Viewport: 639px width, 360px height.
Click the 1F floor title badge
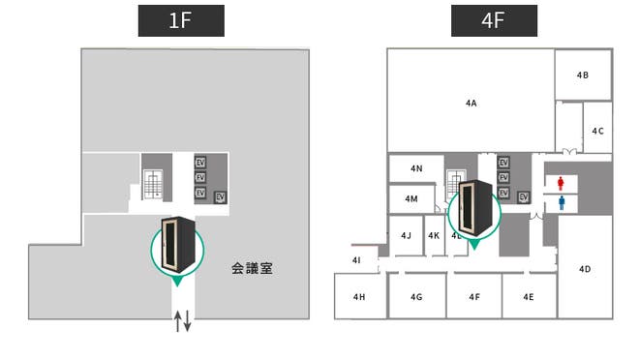pyautogui.click(x=181, y=20)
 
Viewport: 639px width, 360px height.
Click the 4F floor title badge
pyautogui.click(x=494, y=20)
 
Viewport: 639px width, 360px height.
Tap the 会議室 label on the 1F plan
pyautogui.click(x=252, y=268)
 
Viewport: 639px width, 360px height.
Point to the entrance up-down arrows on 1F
pyautogui.click(x=182, y=321)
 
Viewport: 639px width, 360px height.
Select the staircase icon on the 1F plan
pyautogui.click(x=153, y=184)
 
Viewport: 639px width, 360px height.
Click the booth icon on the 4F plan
pyautogui.click(x=473, y=207)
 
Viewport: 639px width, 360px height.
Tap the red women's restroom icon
pyautogui.click(x=562, y=182)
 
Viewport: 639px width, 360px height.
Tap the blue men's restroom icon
pyautogui.click(x=562, y=203)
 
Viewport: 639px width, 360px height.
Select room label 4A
pyautogui.click(x=472, y=102)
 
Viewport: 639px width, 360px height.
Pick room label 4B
pyautogui.click(x=583, y=75)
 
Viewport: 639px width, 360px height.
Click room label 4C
pyautogui.click(x=597, y=131)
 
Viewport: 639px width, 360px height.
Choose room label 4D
pyautogui.click(x=585, y=268)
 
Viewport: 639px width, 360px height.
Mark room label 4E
pyautogui.click(x=529, y=297)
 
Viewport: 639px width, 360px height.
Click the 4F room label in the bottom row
pyautogui.click(x=474, y=297)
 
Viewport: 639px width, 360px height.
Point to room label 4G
pyautogui.click(x=416, y=297)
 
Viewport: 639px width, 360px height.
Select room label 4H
pyautogui.click(x=359, y=297)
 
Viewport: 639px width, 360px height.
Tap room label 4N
pyautogui.click(x=416, y=168)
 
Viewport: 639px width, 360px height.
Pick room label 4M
pyautogui.click(x=411, y=198)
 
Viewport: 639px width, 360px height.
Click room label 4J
pyautogui.click(x=406, y=235)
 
